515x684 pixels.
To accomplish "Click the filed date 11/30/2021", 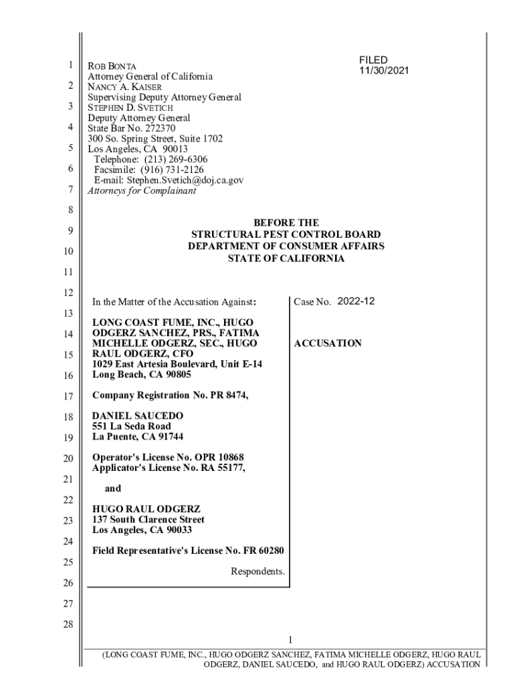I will tap(384, 70).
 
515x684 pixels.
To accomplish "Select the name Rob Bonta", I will tap(112, 66).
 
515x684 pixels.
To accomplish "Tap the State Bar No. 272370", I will tap(132, 128).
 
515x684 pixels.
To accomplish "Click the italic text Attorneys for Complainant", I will tap(142, 190).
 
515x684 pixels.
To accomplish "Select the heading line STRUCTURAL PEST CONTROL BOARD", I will tap(286, 234).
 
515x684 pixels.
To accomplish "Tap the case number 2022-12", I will tap(356, 301).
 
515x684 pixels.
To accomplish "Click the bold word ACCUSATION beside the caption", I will tap(328, 343).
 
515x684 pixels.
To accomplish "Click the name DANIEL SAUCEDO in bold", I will tap(137, 415).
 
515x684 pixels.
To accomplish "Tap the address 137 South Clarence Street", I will tap(148, 519).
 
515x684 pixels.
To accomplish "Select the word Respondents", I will tap(258, 571).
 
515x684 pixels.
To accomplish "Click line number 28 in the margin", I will tap(68, 625).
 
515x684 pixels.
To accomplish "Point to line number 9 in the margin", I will tap(69, 231).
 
